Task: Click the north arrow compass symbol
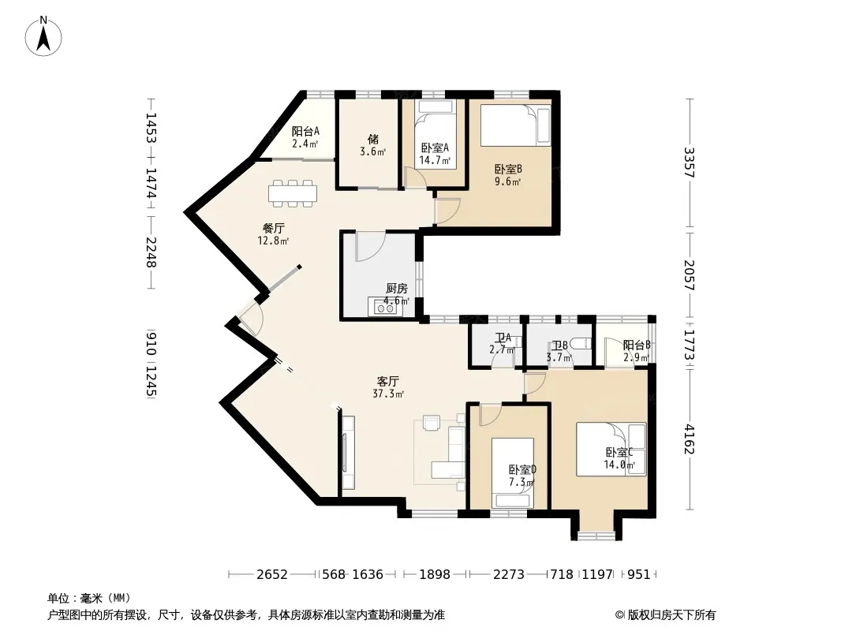pyautogui.click(x=43, y=36)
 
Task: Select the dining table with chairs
pyautogui.click(x=293, y=193)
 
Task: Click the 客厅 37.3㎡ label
pyautogui.click(x=388, y=387)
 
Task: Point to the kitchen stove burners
pyautogui.click(x=384, y=308)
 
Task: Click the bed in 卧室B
pyautogui.click(x=515, y=125)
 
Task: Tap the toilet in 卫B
pyautogui.click(x=581, y=345)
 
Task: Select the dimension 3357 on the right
pyautogui.click(x=690, y=163)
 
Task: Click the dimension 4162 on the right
pyautogui.click(x=690, y=439)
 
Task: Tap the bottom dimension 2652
pyautogui.click(x=272, y=575)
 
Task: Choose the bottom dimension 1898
pyautogui.click(x=435, y=575)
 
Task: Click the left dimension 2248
pyautogui.click(x=151, y=252)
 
